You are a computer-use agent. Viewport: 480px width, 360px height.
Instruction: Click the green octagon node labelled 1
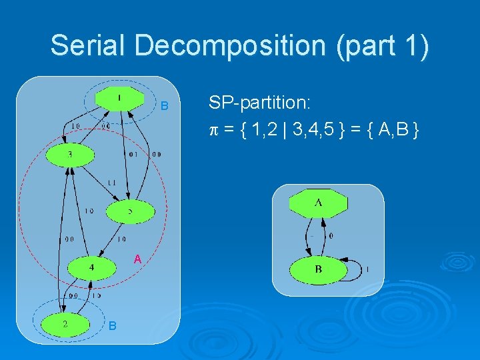click(x=119, y=99)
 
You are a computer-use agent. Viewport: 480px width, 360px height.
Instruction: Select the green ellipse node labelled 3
click(x=70, y=155)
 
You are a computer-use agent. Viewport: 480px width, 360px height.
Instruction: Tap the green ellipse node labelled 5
click(x=130, y=212)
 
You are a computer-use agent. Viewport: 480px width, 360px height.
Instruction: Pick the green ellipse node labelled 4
click(x=92, y=267)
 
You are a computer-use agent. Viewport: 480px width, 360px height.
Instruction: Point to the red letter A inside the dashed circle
click(x=137, y=258)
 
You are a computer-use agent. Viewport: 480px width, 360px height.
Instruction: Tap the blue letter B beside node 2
click(x=113, y=325)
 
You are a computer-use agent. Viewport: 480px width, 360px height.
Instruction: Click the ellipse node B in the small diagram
click(x=318, y=269)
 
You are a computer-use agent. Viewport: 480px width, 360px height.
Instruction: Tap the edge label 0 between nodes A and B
click(x=331, y=235)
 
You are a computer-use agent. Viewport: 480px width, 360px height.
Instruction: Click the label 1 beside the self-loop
click(x=368, y=269)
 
